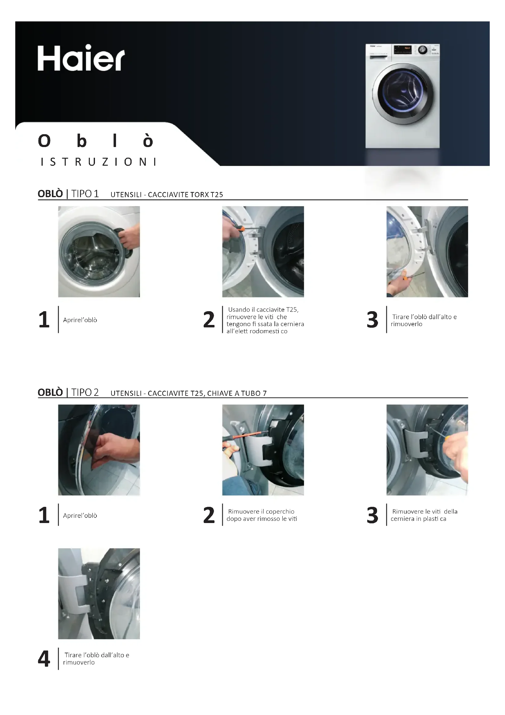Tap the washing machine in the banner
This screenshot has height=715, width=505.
click(x=402, y=96)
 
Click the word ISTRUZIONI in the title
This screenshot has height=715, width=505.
click(x=98, y=162)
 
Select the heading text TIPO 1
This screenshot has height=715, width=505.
click(x=85, y=194)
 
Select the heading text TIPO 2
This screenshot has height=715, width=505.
click(x=85, y=392)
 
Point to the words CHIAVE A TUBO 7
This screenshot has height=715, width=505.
click(x=237, y=393)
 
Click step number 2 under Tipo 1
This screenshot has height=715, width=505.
click(x=209, y=320)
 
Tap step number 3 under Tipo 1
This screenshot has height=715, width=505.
click(x=372, y=320)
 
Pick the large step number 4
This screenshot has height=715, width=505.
click(x=44, y=659)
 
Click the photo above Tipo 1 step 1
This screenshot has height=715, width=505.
click(x=99, y=252)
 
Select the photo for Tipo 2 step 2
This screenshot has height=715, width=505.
click(x=263, y=450)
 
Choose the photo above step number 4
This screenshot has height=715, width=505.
click(x=99, y=594)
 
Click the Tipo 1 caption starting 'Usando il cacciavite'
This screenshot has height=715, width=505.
click(x=265, y=320)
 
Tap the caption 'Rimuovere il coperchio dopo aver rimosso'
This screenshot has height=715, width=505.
click(x=262, y=515)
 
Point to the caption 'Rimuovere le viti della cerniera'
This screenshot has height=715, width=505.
click(x=424, y=515)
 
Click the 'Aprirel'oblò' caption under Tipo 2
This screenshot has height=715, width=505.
click(x=80, y=515)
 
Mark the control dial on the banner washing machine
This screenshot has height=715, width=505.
click(x=422, y=50)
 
